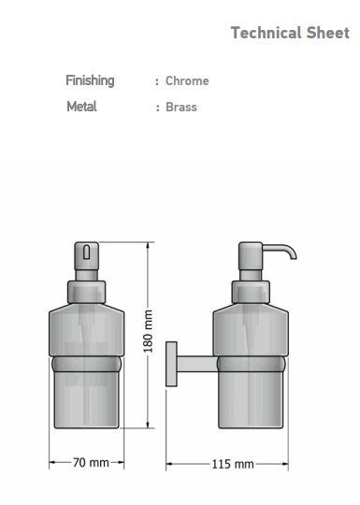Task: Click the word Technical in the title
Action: click(266, 33)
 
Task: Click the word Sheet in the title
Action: click(328, 33)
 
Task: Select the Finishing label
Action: click(90, 80)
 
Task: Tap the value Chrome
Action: click(187, 80)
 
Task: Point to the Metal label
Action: click(81, 107)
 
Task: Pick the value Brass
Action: click(181, 107)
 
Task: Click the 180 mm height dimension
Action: click(148, 331)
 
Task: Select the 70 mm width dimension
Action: click(91, 463)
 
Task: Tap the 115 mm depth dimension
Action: click(233, 464)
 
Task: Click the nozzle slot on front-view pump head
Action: click(86, 252)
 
